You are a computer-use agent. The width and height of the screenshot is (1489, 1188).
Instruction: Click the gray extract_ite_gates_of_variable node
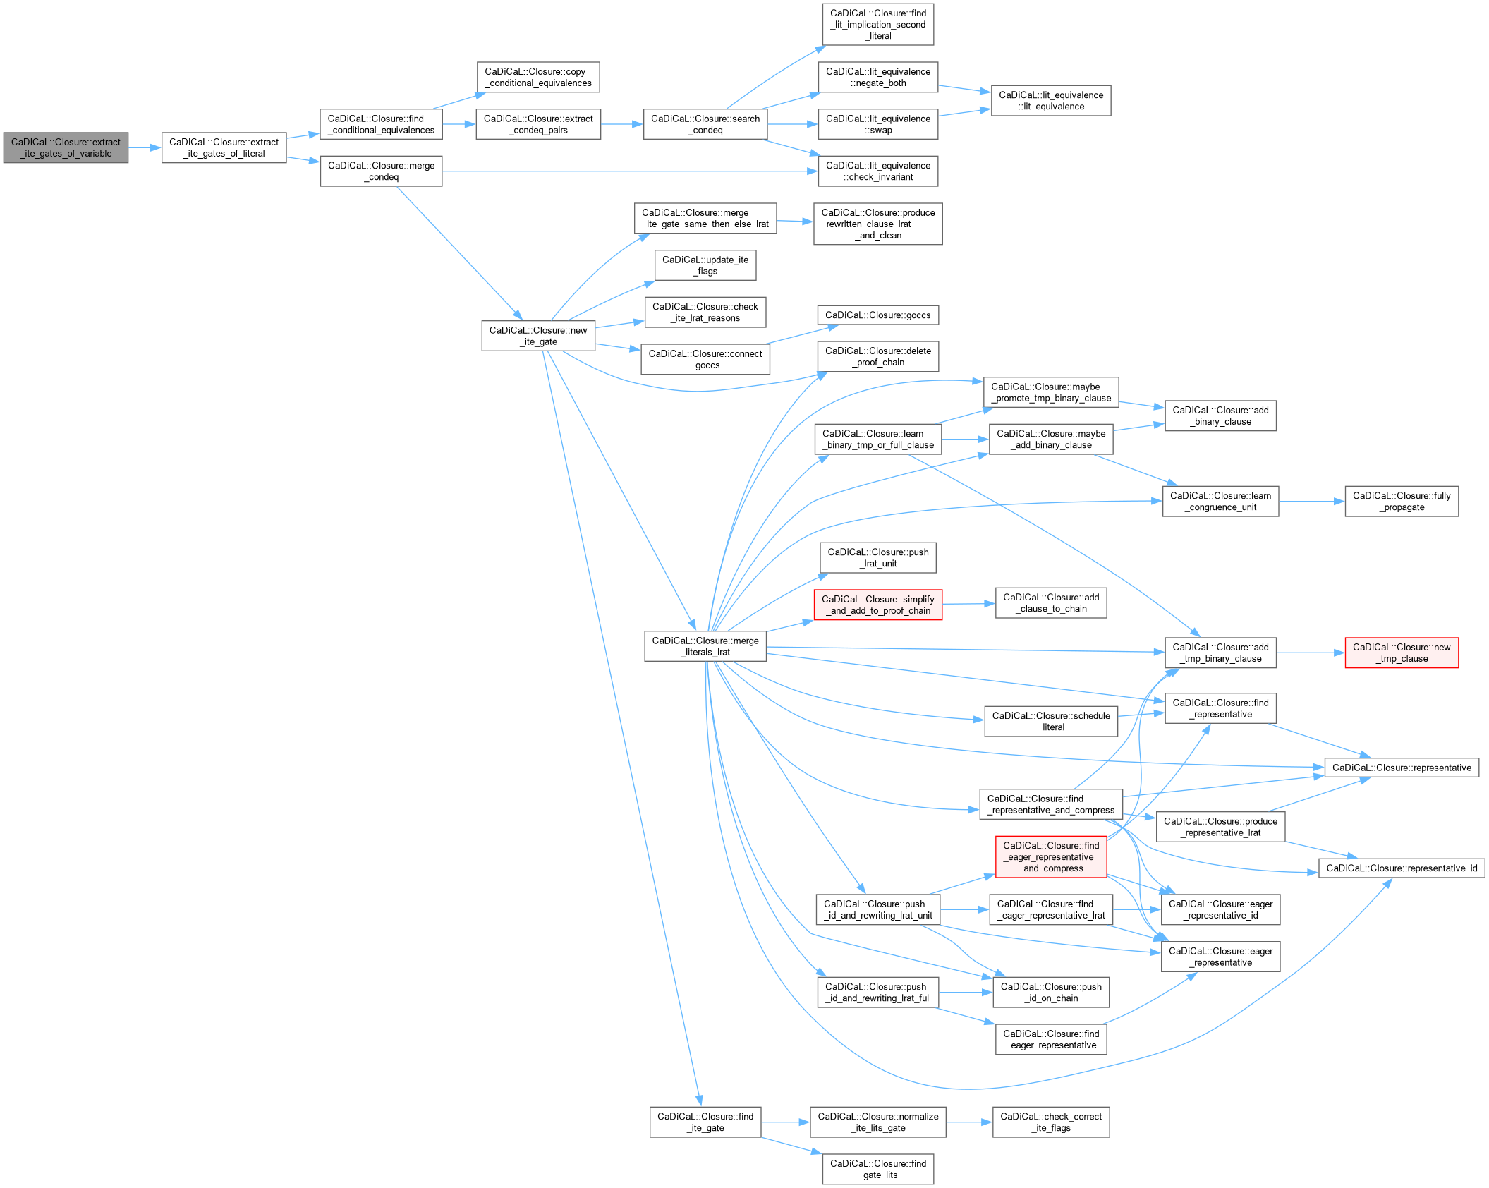click(66, 147)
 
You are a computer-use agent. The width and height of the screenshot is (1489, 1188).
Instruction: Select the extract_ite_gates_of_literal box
click(224, 147)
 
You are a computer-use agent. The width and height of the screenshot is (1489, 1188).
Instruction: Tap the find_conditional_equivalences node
click(381, 124)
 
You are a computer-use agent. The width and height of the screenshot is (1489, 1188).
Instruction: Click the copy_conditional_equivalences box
click(537, 77)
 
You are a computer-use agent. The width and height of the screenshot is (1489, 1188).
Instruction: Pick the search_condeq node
click(705, 124)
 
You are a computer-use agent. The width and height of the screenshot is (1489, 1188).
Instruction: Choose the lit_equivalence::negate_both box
click(877, 77)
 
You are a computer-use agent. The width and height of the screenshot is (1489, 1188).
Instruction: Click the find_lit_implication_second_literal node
click(877, 24)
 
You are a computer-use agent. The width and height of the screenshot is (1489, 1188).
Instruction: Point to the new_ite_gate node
click(538, 336)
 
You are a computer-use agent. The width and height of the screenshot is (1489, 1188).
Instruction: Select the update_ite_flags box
click(705, 265)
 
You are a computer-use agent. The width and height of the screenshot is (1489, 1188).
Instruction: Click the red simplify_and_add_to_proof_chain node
click(877, 605)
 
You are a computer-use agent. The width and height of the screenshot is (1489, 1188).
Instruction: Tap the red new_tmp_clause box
click(1401, 653)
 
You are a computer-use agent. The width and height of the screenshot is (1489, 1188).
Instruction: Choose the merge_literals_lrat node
click(705, 646)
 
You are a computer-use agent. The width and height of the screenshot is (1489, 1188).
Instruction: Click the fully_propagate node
click(1401, 501)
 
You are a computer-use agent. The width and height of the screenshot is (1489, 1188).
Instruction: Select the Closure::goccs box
click(877, 315)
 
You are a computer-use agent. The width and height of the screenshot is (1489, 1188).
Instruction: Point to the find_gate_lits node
click(877, 1169)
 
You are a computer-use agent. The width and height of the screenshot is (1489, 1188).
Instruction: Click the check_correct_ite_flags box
click(1050, 1122)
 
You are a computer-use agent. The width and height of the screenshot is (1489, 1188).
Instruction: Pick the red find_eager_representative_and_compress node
click(1050, 856)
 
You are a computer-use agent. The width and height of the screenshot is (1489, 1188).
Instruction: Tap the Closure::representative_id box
click(1401, 868)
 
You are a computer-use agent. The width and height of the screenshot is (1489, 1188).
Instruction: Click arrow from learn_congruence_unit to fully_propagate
click(1311, 502)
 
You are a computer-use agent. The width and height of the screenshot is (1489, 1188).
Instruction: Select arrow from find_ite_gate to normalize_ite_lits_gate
click(785, 1122)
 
